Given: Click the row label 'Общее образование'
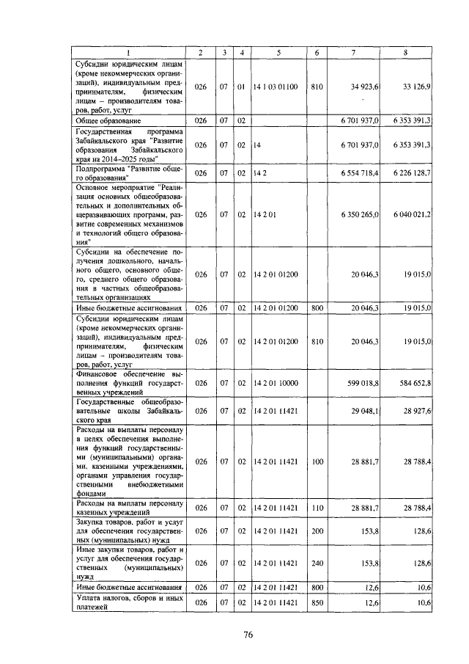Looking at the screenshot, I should (108, 120).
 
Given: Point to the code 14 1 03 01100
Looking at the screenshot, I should (275, 87).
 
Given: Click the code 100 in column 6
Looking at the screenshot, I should (317, 461).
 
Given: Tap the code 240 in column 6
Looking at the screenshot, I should (317, 563).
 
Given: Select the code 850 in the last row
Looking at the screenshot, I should (317, 602).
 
